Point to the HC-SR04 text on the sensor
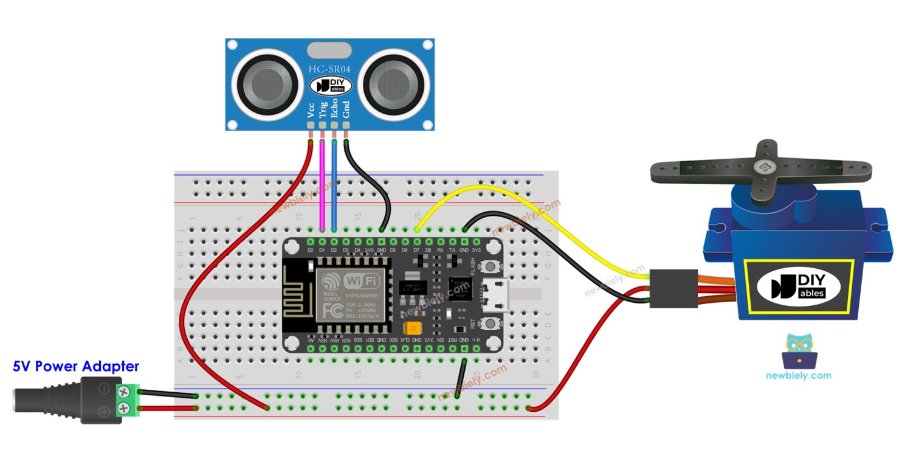(329, 69)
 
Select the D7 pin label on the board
(416, 249)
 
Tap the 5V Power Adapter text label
(76, 366)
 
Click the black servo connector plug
(672, 288)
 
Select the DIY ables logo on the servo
(799, 285)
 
